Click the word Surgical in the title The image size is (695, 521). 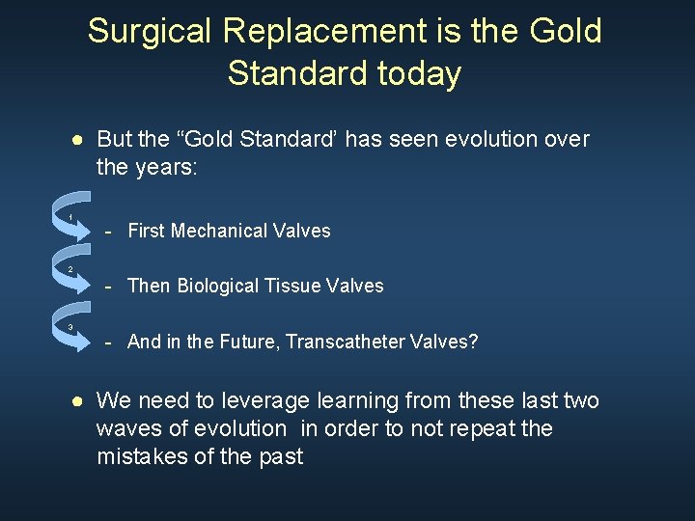(x=150, y=32)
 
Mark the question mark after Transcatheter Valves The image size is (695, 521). (x=473, y=342)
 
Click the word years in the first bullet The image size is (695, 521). (x=167, y=167)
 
